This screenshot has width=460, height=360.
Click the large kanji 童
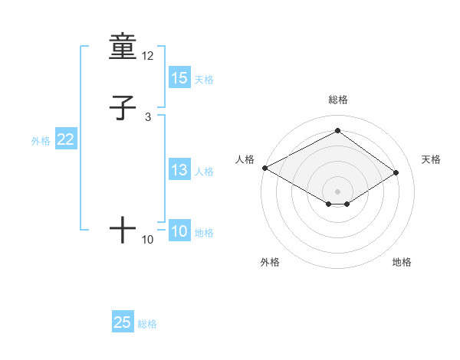[x=123, y=47]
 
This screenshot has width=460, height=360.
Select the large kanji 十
[x=123, y=230]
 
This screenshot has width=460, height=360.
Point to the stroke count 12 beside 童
[x=148, y=56]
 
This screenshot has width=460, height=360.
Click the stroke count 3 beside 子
[x=148, y=116]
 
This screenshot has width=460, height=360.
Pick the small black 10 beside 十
[x=148, y=240]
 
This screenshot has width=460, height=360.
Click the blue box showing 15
[x=179, y=78]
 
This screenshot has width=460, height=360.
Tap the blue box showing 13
[x=179, y=170]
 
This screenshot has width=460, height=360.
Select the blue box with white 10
[x=179, y=231]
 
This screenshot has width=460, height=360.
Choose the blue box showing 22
[x=66, y=139]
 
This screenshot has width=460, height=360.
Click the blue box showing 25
[x=123, y=322]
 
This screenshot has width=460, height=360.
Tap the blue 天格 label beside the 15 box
[x=204, y=80]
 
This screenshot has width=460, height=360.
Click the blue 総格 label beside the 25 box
[x=147, y=324]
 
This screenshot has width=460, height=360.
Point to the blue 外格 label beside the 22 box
[x=41, y=141]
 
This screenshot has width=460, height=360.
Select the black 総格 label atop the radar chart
[x=337, y=100]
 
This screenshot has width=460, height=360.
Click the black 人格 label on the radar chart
[x=245, y=159]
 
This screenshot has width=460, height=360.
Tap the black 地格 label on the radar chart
[x=402, y=262]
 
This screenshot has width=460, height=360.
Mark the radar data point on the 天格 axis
[x=396, y=172]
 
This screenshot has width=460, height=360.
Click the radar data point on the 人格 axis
[x=264, y=168]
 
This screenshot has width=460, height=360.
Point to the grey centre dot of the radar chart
[x=337, y=191]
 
